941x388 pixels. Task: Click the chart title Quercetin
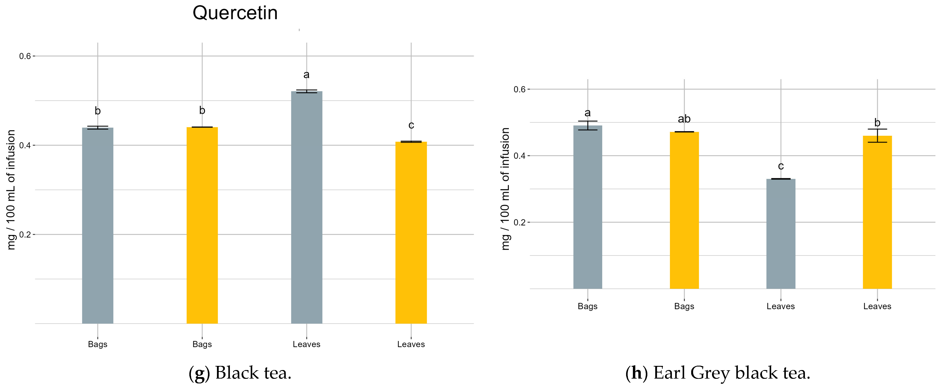click(235, 13)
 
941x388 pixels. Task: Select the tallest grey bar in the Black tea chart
click(307, 207)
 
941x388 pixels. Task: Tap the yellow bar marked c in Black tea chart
click(411, 233)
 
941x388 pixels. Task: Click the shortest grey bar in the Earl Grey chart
click(781, 234)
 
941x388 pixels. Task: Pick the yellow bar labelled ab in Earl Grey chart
click(684, 210)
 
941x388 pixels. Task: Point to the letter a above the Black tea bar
click(307, 75)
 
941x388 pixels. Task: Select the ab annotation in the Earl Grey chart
click(684, 119)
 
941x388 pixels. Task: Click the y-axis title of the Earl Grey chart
click(505, 189)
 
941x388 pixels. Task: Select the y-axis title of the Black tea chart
click(11, 190)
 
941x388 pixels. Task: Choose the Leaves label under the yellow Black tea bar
click(411, 344)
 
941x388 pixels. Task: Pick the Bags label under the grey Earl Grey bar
click(587, 306)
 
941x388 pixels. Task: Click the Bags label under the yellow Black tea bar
click(202, 344)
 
